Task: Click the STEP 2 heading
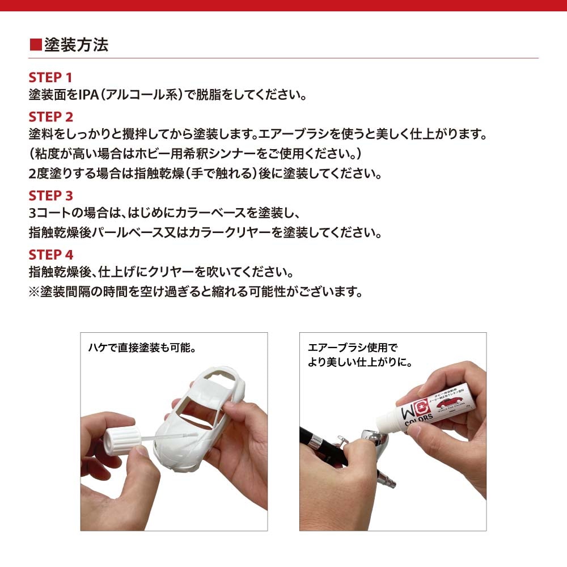50,117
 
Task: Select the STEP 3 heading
50,196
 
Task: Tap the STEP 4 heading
50,255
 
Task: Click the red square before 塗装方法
35,45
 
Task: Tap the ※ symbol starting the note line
34,292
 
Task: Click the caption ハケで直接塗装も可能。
145,348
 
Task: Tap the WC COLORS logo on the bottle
417,410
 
